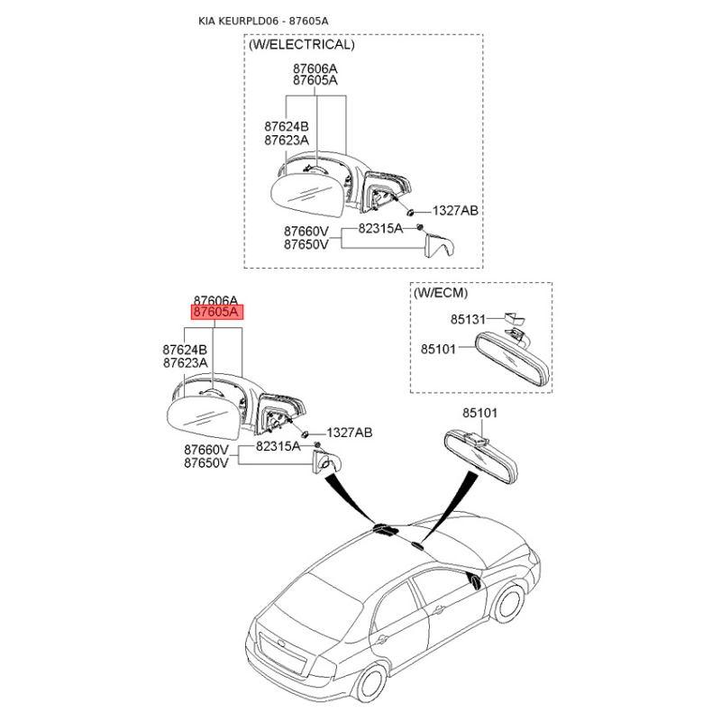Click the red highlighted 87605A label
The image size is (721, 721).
click(216, 313)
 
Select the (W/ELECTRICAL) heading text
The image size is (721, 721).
click(302, 44)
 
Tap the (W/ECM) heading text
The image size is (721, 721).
click(441, 293)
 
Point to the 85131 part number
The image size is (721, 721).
click(468, 319)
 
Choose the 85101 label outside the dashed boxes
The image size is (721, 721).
click(479, 413)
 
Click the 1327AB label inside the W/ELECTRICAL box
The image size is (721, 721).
click(455, 211)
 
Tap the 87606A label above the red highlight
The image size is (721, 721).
click(215, 300)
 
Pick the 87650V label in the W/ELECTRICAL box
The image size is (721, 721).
click(306, 244)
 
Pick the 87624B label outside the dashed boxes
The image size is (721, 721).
click(185, 349)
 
